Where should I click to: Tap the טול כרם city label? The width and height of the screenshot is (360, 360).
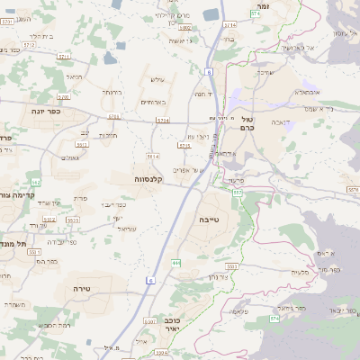(x=247, y=124)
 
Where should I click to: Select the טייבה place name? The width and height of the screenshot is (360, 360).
(x=203, y=219)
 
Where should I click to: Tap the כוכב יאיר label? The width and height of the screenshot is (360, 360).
(x=175, y=325)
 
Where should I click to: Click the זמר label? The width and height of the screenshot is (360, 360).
(x=263, y=6)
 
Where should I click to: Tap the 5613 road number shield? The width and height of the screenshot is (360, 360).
(x=82, y=144)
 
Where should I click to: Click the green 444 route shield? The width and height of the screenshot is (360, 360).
(x=176, y=262)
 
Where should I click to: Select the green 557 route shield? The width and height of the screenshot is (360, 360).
(x=237, y=192)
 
